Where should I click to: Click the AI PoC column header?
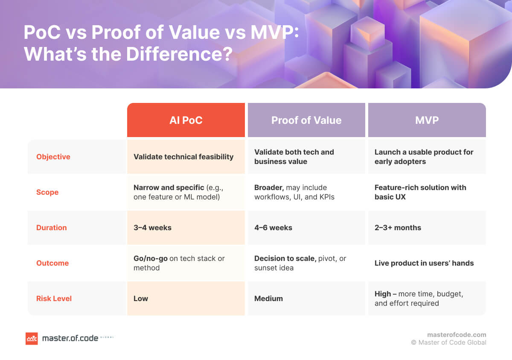(x=186, y=120)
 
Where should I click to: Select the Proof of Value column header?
(x=306, y=120)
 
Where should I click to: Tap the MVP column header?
(x=427, y=120)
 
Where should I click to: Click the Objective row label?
(x=53, y=157)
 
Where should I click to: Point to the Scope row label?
(x=47, y=192)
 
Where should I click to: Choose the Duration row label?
(x=51, y=228)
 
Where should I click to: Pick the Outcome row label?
(x=52, y=263)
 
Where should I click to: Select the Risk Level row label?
(x=54, y=299)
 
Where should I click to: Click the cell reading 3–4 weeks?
(x=152, y=228)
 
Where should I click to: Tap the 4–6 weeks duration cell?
(x=273, y=228)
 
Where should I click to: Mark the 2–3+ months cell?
(x=398, y=228)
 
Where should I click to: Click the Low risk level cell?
(x=141, y=299)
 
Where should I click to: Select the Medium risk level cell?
(x=268, y=299)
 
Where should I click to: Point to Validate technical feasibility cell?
(x=183, y=157)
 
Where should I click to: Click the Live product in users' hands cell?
(x=424, y=263)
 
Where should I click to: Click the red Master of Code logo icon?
(x=32, y=339)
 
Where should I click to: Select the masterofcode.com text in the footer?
(x=457, y=335)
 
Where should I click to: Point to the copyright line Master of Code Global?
(x=448, y=342)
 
